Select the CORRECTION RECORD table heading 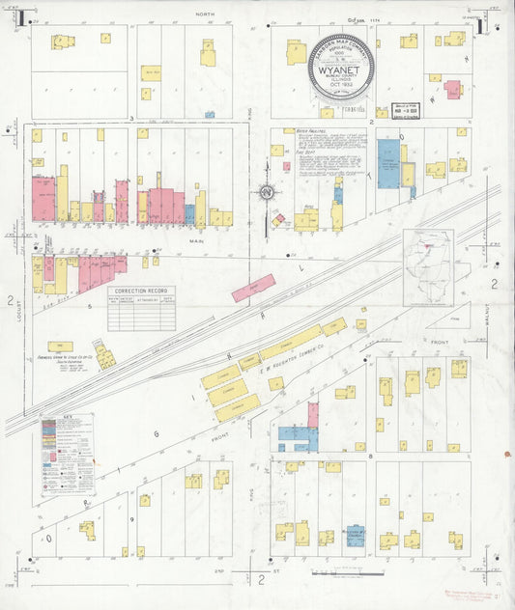141,291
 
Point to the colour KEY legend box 67,453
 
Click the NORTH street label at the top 203,14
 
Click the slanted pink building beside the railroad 253,288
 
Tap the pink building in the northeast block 451,90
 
